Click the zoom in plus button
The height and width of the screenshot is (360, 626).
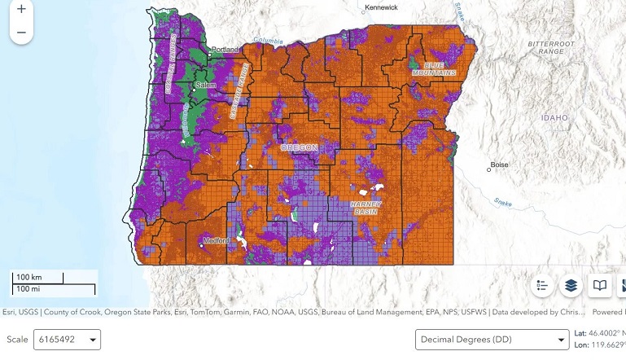point(21,10)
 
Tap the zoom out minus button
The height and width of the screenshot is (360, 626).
point(21,33)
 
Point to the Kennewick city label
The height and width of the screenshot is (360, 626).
point(381,7)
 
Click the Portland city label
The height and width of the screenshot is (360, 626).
point(225,50)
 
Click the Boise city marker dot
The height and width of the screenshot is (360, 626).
point(489,169)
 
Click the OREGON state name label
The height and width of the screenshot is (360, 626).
point(298,147)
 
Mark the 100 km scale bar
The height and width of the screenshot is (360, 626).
point(38,278)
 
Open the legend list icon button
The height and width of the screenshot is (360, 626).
point(543,286)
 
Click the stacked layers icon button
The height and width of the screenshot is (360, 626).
point(571,286)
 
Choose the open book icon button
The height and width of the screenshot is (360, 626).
point(600,286)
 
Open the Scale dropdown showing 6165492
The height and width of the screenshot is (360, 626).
point(67,339)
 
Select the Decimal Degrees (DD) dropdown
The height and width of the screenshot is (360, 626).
point(492,339)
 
